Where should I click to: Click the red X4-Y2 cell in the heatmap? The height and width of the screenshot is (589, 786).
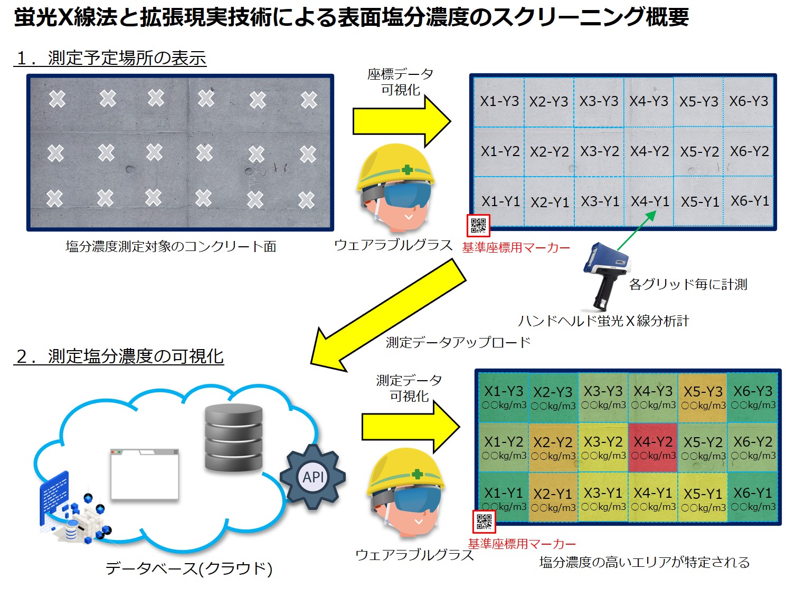[x=653, y=447]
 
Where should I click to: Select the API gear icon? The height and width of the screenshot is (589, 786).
[x=312, y=477]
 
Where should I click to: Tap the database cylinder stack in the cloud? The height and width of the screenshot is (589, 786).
[x=233, y=437]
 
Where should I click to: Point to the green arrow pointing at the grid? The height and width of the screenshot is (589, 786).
[x=636, y=230]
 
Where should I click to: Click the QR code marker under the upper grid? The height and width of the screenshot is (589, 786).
[x=478, y=226]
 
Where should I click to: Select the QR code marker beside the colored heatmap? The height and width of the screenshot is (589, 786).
[x=484, y=522]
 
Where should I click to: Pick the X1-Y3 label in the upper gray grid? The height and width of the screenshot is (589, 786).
[x=499, y=101]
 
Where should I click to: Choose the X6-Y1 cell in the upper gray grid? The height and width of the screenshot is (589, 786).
[x=750, y=201]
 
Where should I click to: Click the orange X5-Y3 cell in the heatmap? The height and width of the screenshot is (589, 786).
[x=703, y=397]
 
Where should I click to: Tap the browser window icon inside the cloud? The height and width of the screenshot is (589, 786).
[x=145, y=475]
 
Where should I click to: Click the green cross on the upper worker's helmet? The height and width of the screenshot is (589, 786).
[x=407, y=170]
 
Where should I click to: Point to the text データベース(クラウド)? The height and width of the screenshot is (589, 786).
[x=189, y=568]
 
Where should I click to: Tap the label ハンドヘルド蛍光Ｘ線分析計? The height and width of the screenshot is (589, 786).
[x=603, y=321]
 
